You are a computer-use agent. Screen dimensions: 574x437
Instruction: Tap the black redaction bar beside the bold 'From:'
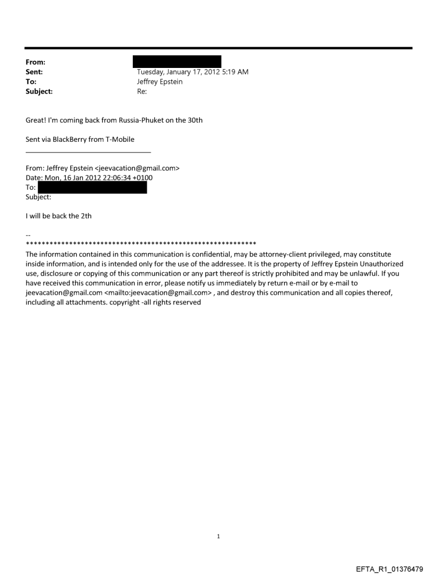[x=179, y=62]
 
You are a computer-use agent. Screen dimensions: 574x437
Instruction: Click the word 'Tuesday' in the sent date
[x=152, y=72]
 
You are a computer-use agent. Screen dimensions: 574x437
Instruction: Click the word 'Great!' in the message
[x=36, y=120]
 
